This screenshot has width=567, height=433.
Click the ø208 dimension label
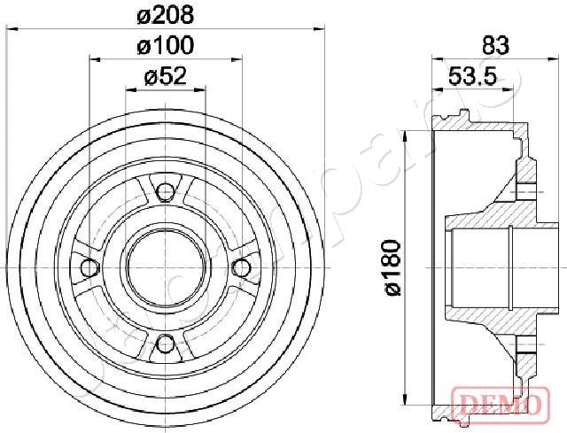click(x=167, y=14)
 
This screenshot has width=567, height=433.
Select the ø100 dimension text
click(x=167, y=45)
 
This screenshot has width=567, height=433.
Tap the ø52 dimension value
click(x=165, y=76)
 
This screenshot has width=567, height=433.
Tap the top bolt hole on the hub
click(x=165, y=189)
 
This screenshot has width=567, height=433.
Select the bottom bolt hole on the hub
click(x=165, y=345)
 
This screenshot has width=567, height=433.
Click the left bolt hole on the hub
click(x=87, y=267)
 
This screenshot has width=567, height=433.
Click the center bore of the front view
click(x=165, y=267)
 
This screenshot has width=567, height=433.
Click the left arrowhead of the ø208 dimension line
click(x=11, y=29)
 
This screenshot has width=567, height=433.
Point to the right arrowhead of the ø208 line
click(x=320, y=29)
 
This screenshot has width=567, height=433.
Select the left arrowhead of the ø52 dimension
click(x=129, y=90)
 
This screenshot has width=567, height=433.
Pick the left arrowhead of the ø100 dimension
click(x=93, y=59)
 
